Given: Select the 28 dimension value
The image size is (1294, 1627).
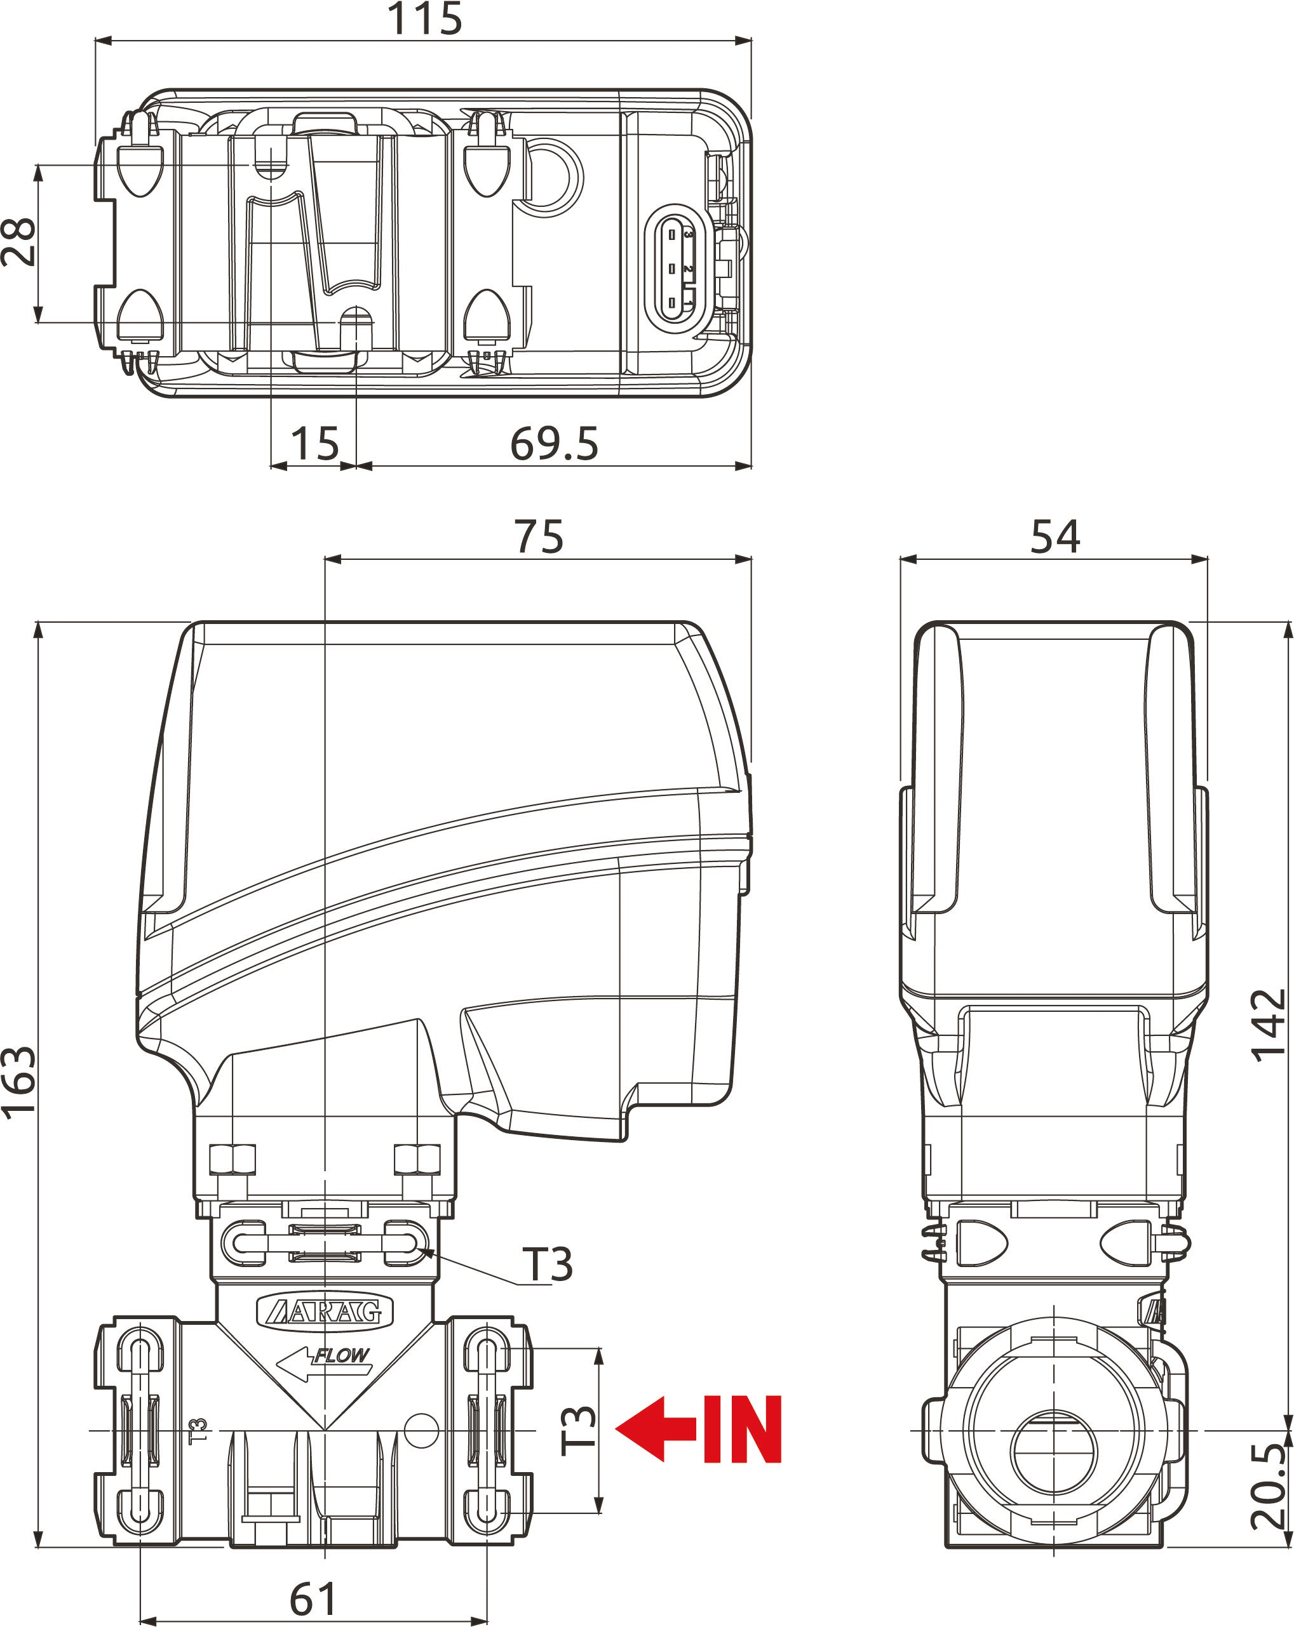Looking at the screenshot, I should [18, 241].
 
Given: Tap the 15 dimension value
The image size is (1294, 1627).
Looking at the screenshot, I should [314, 443].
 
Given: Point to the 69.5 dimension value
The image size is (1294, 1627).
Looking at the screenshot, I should [553, 443].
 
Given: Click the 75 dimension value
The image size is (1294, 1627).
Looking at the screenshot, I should [538, 536].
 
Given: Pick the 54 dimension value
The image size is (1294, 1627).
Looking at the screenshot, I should [1055, 536].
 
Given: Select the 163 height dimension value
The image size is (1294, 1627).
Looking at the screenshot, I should [18, 1082].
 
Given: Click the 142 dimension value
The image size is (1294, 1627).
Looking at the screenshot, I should [1269, 1025].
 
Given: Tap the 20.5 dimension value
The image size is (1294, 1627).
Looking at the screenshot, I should [1269, 1487].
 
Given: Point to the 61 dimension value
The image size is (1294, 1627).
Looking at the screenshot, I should [313, 1598].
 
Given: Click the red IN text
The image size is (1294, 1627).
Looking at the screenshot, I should [741, 1430].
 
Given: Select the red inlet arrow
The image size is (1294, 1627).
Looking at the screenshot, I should [656, 1428].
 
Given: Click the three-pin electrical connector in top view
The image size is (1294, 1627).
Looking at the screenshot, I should [677, 268].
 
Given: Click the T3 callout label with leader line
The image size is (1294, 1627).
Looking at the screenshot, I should [548, 1264].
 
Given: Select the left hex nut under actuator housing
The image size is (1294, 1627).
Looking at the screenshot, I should [232, 1159].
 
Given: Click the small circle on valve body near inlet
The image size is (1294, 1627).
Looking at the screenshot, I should [421, 1431].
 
